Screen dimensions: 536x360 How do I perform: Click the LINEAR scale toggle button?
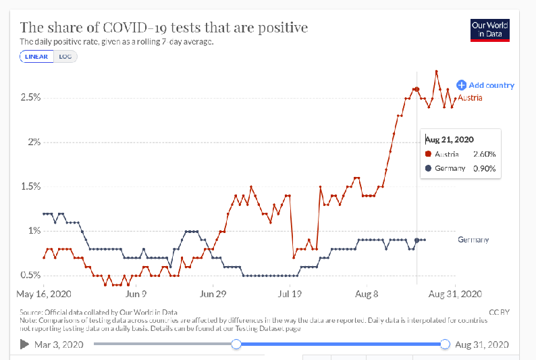point(36,57)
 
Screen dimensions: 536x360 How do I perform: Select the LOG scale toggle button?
point(65,57)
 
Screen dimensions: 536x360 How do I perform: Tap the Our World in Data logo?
point(490,30)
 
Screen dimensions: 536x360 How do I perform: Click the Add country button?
point(485,85)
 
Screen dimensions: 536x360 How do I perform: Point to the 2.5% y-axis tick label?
point(30,97)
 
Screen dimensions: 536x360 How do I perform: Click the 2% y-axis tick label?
point(34,142)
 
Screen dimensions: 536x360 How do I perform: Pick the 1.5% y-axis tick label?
point(30,186)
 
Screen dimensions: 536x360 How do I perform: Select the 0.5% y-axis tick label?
point(30,275)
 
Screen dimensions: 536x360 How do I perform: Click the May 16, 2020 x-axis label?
point(44,294)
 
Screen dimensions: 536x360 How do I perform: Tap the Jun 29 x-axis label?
point(213,294)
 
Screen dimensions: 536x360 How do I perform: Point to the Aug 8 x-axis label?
point(367,294)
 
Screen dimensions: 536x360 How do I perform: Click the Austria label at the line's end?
point(470,98)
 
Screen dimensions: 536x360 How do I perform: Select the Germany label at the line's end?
point(473,240)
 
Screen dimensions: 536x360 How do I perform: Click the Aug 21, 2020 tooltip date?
point(450,140)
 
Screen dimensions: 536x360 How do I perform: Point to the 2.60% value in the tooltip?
point(485,154)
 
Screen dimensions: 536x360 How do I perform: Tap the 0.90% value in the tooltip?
point(485,169)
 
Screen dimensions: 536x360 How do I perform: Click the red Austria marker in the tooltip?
point(428,154)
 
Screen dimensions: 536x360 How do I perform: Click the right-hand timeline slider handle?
point(445,344)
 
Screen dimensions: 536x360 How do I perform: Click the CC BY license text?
point(499,312)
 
